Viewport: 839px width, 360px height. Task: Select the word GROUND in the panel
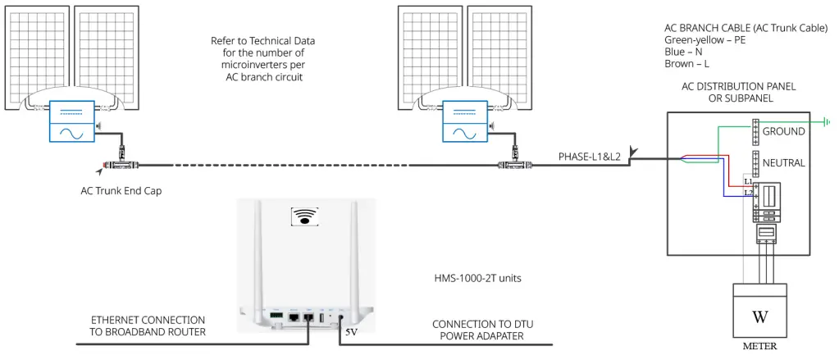pyautogui.click(x=783, y=131)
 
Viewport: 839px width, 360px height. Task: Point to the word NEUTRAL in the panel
pyautogui.click(x=783, y=163)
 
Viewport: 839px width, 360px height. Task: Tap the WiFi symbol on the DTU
pyautogui.click(x=306, y=216)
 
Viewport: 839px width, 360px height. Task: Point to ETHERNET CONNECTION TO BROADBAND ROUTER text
pyautogui.click(x=147, y=326)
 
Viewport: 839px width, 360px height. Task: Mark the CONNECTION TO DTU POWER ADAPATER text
pyautogui.click(x=477, y=330)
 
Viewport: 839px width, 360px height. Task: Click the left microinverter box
pyautogui.click(x=73, y=123)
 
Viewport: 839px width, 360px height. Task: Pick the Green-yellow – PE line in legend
pyautogui.click(x=704, y=39)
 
